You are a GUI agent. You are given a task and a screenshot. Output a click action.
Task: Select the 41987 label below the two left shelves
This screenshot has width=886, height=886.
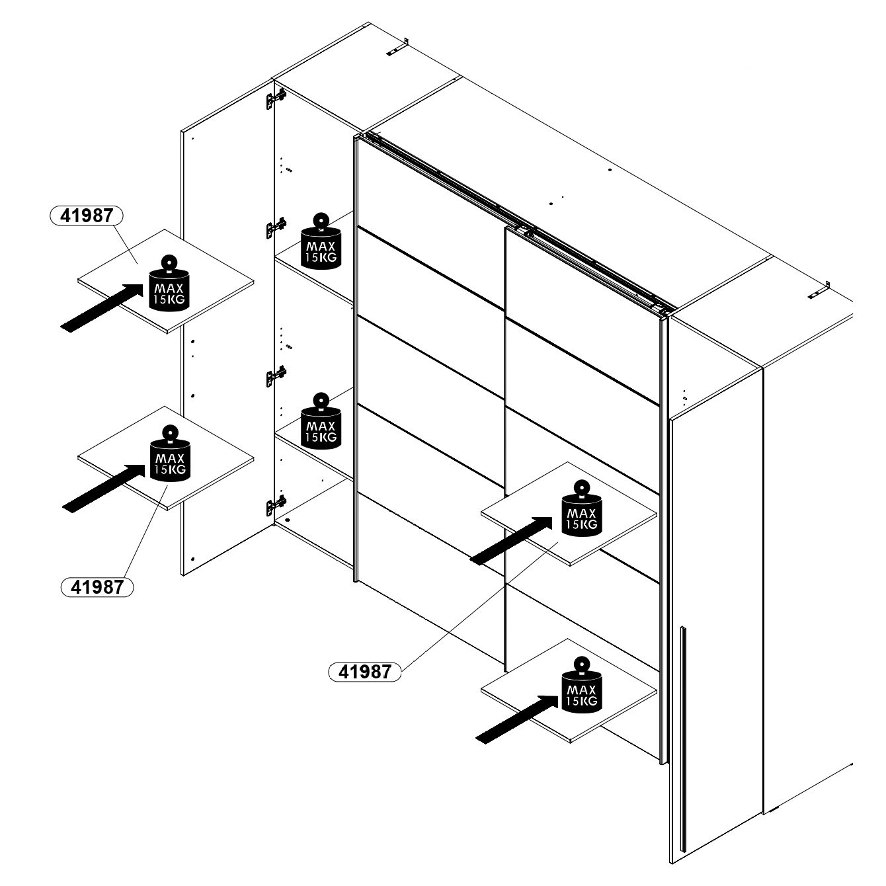click(x=97, y=586)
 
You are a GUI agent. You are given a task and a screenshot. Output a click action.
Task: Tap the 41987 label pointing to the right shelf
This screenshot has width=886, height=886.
click(x=365, y=672)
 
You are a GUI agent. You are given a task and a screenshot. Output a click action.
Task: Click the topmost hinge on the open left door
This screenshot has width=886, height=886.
click(x=274, y=99)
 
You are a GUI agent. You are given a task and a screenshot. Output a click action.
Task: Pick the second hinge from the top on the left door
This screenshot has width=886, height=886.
click(x=275, y=228)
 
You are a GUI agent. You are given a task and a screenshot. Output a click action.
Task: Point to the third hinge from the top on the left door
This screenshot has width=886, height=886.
click(x=275, y=376)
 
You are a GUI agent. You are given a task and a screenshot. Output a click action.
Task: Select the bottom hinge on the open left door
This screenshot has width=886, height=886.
click(x=275, y=505)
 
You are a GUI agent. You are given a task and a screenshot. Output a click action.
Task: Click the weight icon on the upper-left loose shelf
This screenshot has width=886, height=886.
click(x=169, y=284)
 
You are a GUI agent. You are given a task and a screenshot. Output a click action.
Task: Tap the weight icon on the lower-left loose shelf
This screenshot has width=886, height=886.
click(x=171, y=453)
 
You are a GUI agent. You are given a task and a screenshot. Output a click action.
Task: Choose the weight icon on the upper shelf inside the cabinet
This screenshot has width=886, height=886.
click(x=321, y=241)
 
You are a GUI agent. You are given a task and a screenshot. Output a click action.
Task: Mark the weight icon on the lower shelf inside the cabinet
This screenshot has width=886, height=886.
click(x=321, y=422)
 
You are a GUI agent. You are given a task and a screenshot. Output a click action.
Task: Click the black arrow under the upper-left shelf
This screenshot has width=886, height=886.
click(x=102, y=307)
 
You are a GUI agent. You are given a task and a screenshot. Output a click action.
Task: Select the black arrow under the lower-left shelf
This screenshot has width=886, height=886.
click(x=104, y=488)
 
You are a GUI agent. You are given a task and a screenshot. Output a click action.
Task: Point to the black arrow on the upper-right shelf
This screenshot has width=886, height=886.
click(x=511, y=541)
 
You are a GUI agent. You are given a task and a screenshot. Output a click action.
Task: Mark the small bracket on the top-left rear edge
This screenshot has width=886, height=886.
click(x=397, y=48)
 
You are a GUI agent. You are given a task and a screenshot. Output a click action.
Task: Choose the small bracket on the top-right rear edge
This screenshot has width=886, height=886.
click(x=819, y=291)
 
